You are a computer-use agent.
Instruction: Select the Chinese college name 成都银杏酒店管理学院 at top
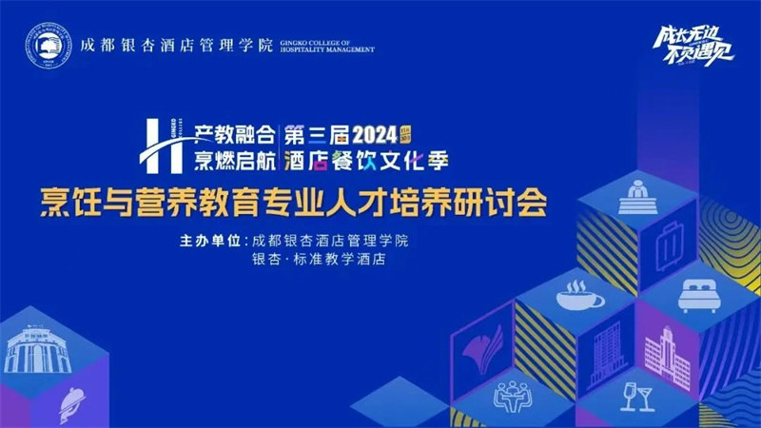coord(176,44)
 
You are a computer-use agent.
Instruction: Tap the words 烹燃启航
coord(234,161)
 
